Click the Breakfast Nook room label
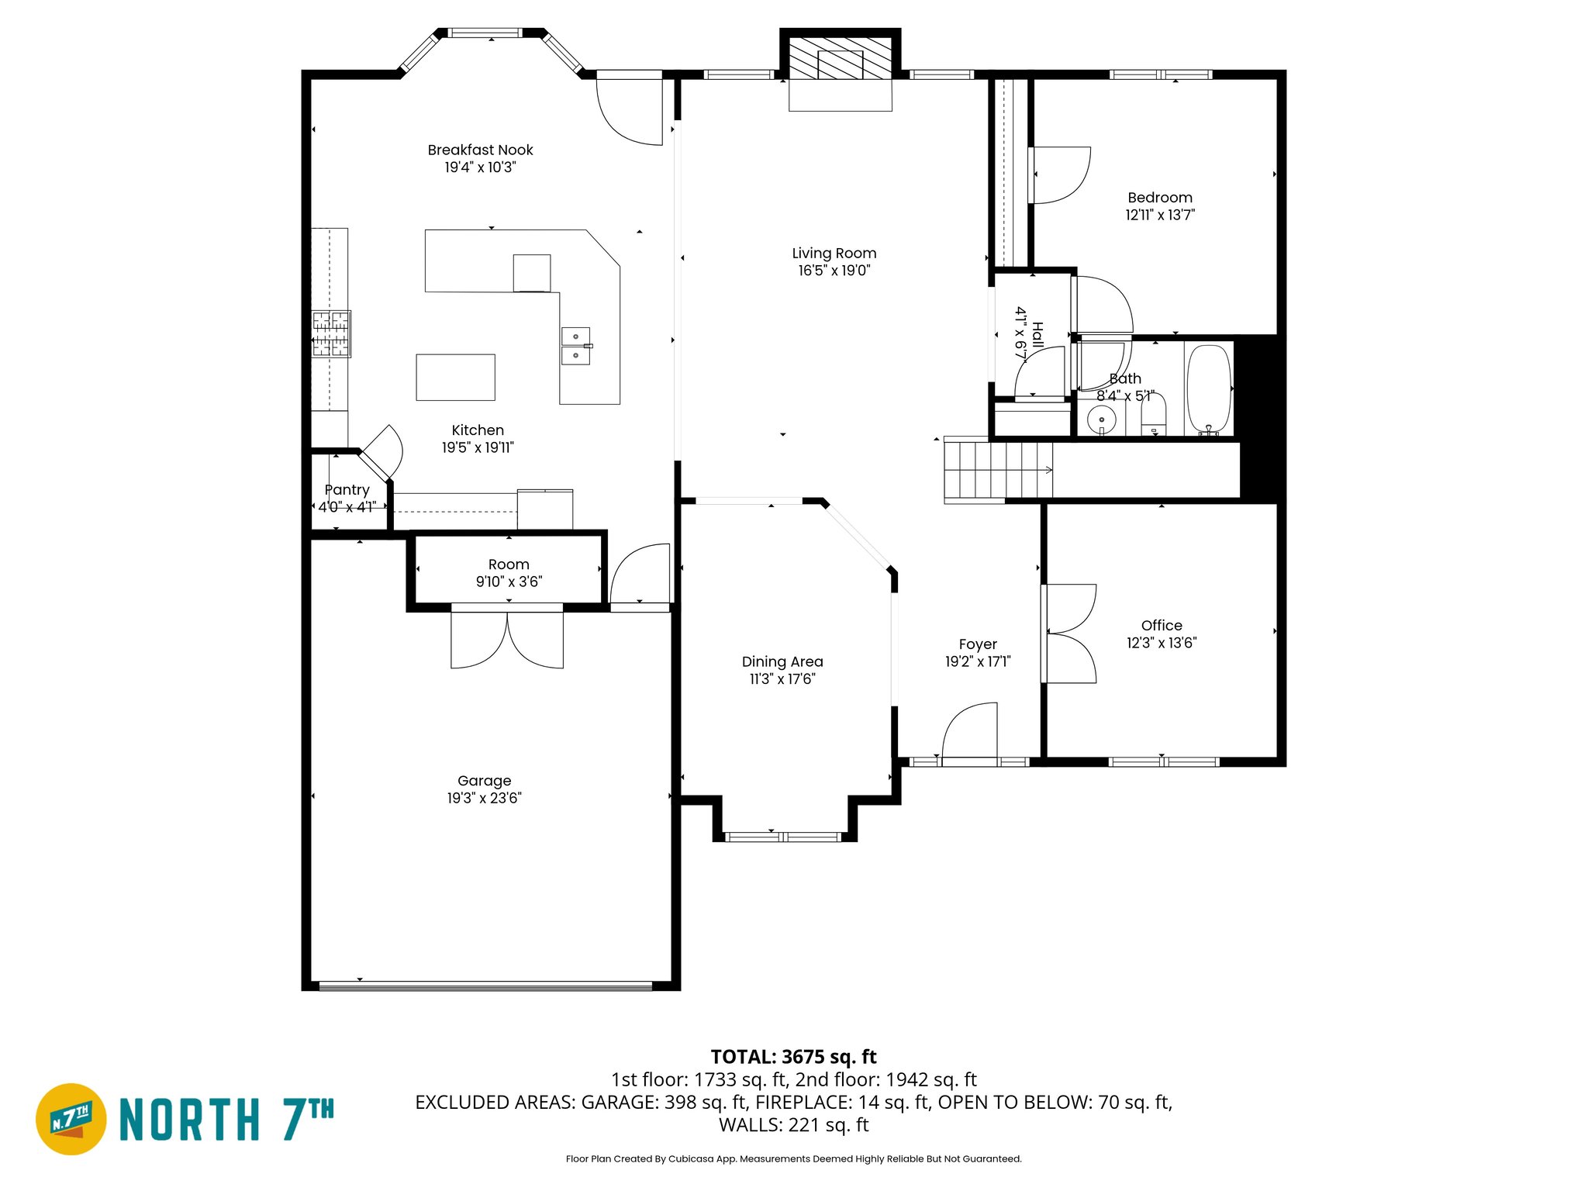pyautogui.click(x=480, y=150)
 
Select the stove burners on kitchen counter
pyautogui.click(x=331, y=333)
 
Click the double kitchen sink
pyautogui.click(x=575, y=346)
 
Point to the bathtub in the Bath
pyautogui.click(x=1209, y=388)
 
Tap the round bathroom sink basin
pyautogui.click(x=1101, y=420)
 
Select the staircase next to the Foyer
pyautogui.click(x=998, y=470)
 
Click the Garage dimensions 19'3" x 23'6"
pyautogui.click(x=484, y=798)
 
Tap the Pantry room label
pyautogui.click(x=347, y=490)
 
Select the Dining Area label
pyautogui.click(x=782, y=661)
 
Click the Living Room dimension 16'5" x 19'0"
pyautogui.click(x=834, y=271)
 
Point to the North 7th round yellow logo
pyautogui.click(x=71, y=1119)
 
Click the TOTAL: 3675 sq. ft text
pyautogui.click(x=793, y=1057)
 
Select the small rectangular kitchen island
pyautogui.click(x=455, y=378)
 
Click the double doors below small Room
pyautogui.click(x=507, y=640)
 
